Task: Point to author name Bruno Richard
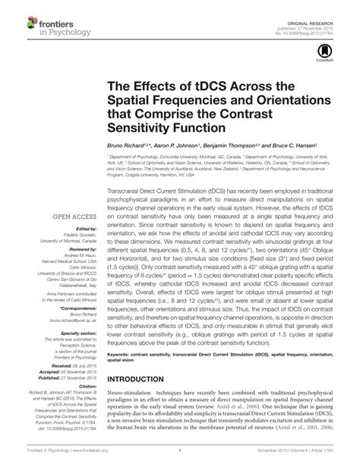coord(129,144)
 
